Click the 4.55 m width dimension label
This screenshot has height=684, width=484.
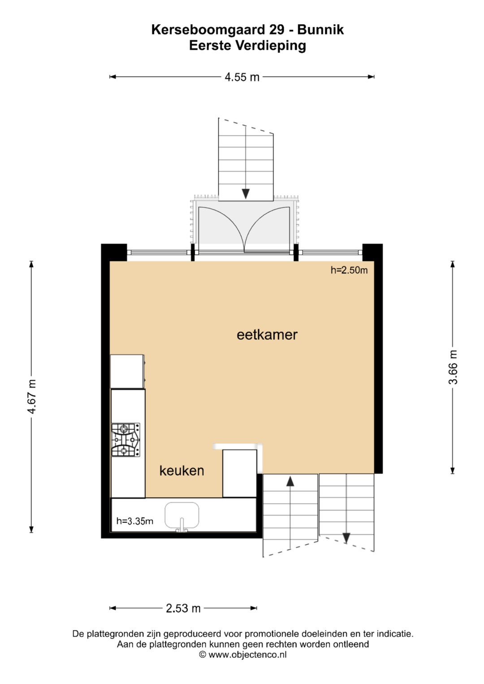point(242,77)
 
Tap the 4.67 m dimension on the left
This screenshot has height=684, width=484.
point(31,397)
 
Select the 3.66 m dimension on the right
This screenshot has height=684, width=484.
point(453,367)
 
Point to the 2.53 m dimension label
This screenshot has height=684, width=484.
point(183,608)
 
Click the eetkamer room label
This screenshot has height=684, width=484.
point(267,335)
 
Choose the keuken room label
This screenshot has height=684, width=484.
point(182,470)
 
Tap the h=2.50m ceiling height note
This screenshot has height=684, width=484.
point(349,270)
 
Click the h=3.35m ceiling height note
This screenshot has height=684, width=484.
point(135,521)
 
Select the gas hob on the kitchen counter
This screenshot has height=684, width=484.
point(125,440)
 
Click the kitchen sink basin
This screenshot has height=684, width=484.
point(182,515)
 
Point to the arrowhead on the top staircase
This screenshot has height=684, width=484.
point(246,194)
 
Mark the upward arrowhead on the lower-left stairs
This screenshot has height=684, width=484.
point(290,481)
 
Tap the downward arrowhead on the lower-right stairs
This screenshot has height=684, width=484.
point(346,538)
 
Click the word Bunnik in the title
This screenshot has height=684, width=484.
point(320,30)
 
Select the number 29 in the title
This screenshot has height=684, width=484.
point(277,30)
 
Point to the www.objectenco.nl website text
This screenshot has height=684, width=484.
point(247,654)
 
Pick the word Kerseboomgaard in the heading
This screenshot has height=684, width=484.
point(208,30)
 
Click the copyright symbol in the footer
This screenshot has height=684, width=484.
point(203,654)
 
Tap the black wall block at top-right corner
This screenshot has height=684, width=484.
point(372,252)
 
